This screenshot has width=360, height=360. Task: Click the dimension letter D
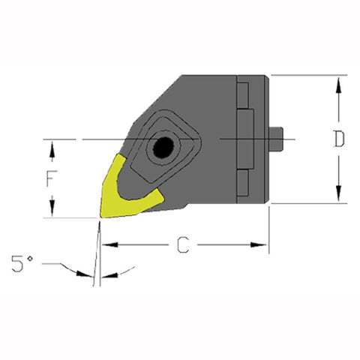click(x=340, y=139)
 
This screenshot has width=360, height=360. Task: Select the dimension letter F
click(x=52, y=178)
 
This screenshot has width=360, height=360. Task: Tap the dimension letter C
click(x=181, y=244)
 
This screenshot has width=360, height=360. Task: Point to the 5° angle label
click(x=21, y=264)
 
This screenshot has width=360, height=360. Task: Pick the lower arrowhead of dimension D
click(x=340, y=197)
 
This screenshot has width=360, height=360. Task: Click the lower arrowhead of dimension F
click(x=52, y=211)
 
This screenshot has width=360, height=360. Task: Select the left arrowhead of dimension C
click(x=106, y=244)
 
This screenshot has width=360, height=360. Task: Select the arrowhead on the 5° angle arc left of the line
click(x=84, y=273)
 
